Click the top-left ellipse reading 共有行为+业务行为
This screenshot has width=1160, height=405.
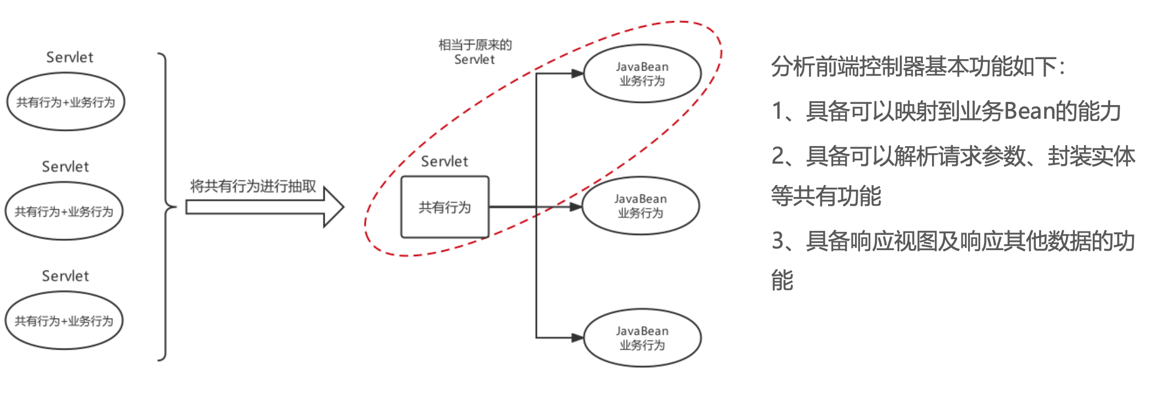coord(66,102)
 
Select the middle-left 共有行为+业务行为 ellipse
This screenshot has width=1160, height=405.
coord(64,211)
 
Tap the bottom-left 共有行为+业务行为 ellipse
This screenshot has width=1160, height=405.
coord(64,321)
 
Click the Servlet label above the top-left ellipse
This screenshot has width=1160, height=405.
coord(69,57)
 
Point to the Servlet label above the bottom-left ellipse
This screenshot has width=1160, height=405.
coord(65,276)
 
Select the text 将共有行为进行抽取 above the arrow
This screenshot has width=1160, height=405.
coord(253,186)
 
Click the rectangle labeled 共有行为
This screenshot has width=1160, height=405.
coord(444,207)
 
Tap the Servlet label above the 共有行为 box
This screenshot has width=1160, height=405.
coord(444,161)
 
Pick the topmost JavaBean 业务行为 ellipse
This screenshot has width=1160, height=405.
coord(642,74)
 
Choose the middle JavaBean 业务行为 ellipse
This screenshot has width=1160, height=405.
coord(641,206)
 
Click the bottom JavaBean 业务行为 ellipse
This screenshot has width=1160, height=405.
coord(642,338)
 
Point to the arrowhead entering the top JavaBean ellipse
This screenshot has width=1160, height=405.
coord(577,73)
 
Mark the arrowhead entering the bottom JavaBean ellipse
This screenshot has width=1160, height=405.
coord(577,338)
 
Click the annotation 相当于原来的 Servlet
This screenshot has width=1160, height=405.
coord(474,52)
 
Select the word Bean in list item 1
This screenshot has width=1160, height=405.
coord(1029,111)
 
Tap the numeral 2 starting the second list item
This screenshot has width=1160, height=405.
coord(778,156)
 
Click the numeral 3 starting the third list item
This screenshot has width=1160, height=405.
coord(778,241)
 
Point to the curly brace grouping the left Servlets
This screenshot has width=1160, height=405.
coord(166,207)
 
